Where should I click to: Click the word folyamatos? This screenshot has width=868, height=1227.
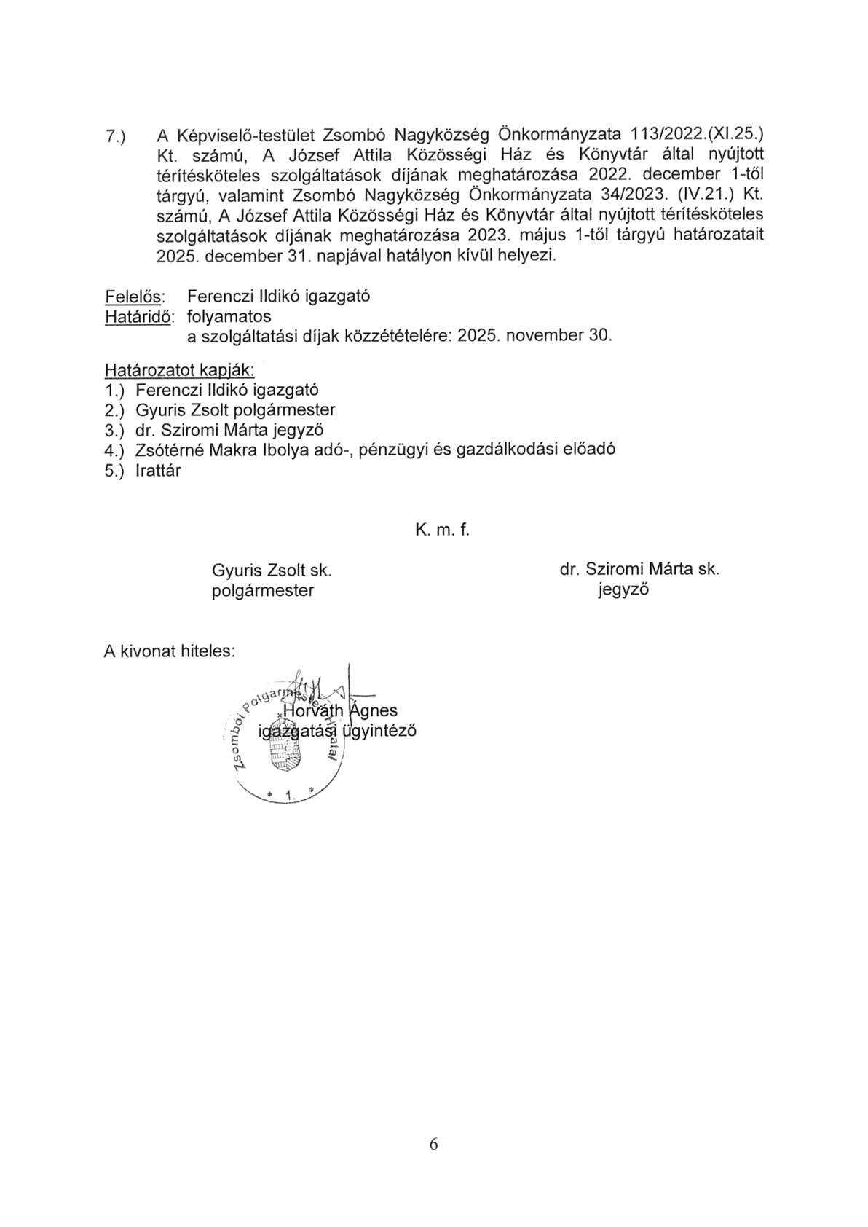tap(229, 317)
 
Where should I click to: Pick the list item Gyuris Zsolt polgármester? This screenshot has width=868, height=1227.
tap(235, 409)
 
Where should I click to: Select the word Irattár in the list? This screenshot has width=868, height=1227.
tap(158, 470)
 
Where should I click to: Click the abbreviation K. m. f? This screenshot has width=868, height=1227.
tap(443, 530)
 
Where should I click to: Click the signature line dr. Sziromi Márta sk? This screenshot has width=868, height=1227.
tap(639, 570)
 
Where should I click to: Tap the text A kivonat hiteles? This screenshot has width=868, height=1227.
tap(170, 651)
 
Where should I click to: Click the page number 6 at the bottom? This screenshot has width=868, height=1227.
tap(434, 1144)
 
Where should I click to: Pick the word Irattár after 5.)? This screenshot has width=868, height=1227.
tap(158, 470)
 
